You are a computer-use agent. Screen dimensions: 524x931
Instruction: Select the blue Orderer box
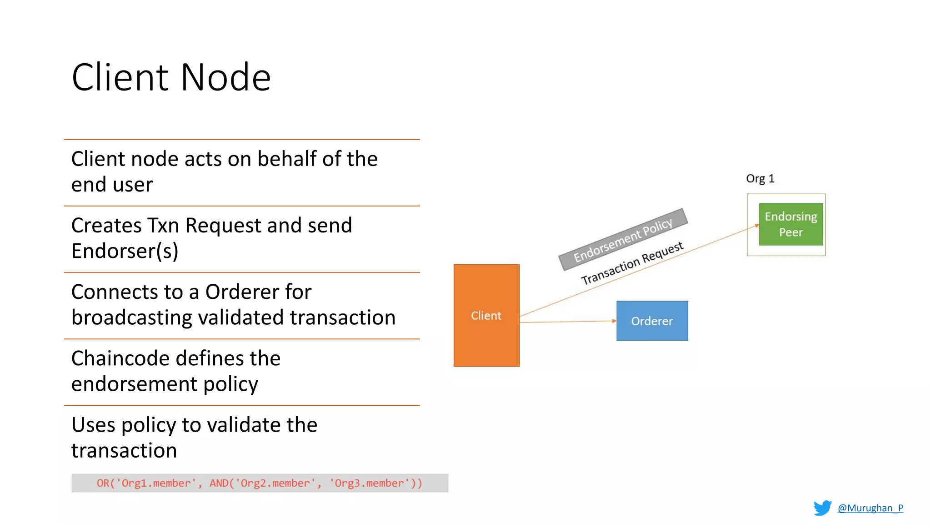(x=652, y=321)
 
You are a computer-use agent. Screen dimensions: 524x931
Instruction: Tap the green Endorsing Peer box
(x=791, y=224)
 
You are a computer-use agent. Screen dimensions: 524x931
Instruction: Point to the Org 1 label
(x=760, y=178)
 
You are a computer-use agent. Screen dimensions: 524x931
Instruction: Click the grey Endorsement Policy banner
(x=623, y=239)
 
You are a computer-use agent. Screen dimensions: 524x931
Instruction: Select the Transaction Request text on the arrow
(x=632, y=263)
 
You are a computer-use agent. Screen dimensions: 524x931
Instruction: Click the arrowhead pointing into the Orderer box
(x=614, y=321)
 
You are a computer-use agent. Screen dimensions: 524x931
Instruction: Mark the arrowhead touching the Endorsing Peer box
(x=756, y=225)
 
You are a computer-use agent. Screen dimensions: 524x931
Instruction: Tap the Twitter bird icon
(x=822, y=508)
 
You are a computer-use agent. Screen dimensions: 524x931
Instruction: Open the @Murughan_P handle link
(x=870, y=508)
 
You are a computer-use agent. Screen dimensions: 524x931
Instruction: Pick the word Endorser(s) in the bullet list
(x=125, y=251)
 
